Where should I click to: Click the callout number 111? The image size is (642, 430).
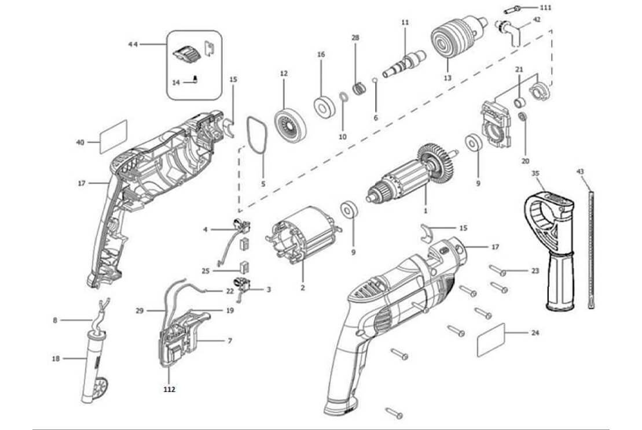coord(545,8)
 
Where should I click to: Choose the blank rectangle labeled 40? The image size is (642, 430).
coord(113,136)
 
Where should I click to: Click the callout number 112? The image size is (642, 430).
coord(169,390)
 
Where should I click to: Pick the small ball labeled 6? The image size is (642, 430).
coord(376,81)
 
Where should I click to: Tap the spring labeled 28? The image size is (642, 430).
coord(359,88)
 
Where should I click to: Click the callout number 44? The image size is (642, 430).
coord(133,44)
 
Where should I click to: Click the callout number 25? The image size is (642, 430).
coord(206,270)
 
